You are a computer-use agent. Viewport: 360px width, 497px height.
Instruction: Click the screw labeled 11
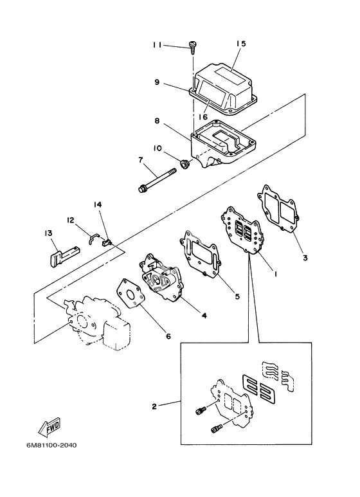point(192,47)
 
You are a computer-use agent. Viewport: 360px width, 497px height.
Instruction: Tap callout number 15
point(241,44)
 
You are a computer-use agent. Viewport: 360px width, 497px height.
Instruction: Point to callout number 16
point(203,117)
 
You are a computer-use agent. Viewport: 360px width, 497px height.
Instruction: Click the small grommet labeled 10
point(184,164)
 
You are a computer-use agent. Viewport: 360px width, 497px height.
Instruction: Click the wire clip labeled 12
point(93,238)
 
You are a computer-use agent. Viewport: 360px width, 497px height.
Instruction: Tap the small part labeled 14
point(106,243)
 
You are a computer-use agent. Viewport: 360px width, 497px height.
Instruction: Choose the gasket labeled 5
point(199,253)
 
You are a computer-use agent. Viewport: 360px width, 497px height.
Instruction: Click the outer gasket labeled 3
point(278,208)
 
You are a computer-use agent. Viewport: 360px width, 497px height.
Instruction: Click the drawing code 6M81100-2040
point(51,446)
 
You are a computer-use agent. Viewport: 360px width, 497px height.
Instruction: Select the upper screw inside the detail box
point(200,411)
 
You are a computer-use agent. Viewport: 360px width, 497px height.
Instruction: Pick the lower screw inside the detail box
point(217,429)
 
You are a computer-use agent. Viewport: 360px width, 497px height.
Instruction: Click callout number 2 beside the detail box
point(154,406)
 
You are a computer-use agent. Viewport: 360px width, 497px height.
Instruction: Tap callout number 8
point(157,121)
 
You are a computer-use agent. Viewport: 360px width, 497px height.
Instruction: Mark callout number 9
point(157,82)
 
